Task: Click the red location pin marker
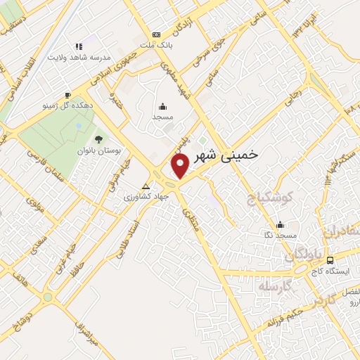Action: coord(180,167)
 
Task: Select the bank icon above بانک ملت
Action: coord(156,34)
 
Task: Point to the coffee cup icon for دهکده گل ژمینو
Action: coord(67,95)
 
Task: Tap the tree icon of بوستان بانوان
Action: coord(98,139)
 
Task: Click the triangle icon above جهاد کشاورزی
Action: coord(146,186)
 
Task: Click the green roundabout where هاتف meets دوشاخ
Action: coord(47,297)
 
